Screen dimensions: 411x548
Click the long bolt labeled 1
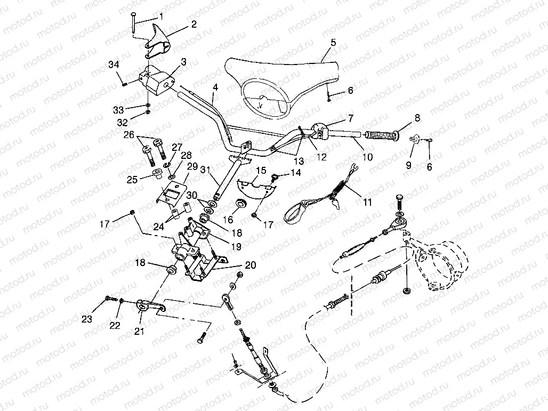(132, 22)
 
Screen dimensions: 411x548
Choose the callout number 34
(112, 65)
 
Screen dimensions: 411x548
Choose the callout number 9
(409, 165)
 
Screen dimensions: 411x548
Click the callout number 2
(193, 24)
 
